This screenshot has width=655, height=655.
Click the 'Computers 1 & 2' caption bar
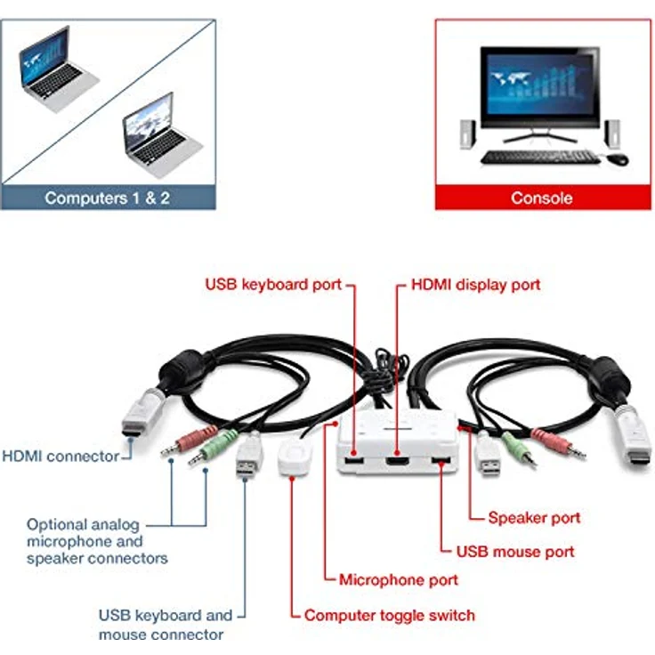107,198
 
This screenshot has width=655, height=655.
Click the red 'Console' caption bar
541,198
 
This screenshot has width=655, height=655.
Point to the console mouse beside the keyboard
618,159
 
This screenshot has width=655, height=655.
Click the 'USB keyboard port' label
273,285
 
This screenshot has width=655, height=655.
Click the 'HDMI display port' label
475,285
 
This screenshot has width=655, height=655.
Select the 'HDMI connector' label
61,457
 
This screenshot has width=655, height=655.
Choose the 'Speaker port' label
534,517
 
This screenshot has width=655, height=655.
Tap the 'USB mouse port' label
515,552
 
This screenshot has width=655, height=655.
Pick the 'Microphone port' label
399,580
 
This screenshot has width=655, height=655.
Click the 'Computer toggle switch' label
390,615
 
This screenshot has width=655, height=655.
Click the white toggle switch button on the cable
293,457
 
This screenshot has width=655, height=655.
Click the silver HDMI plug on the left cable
142,415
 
